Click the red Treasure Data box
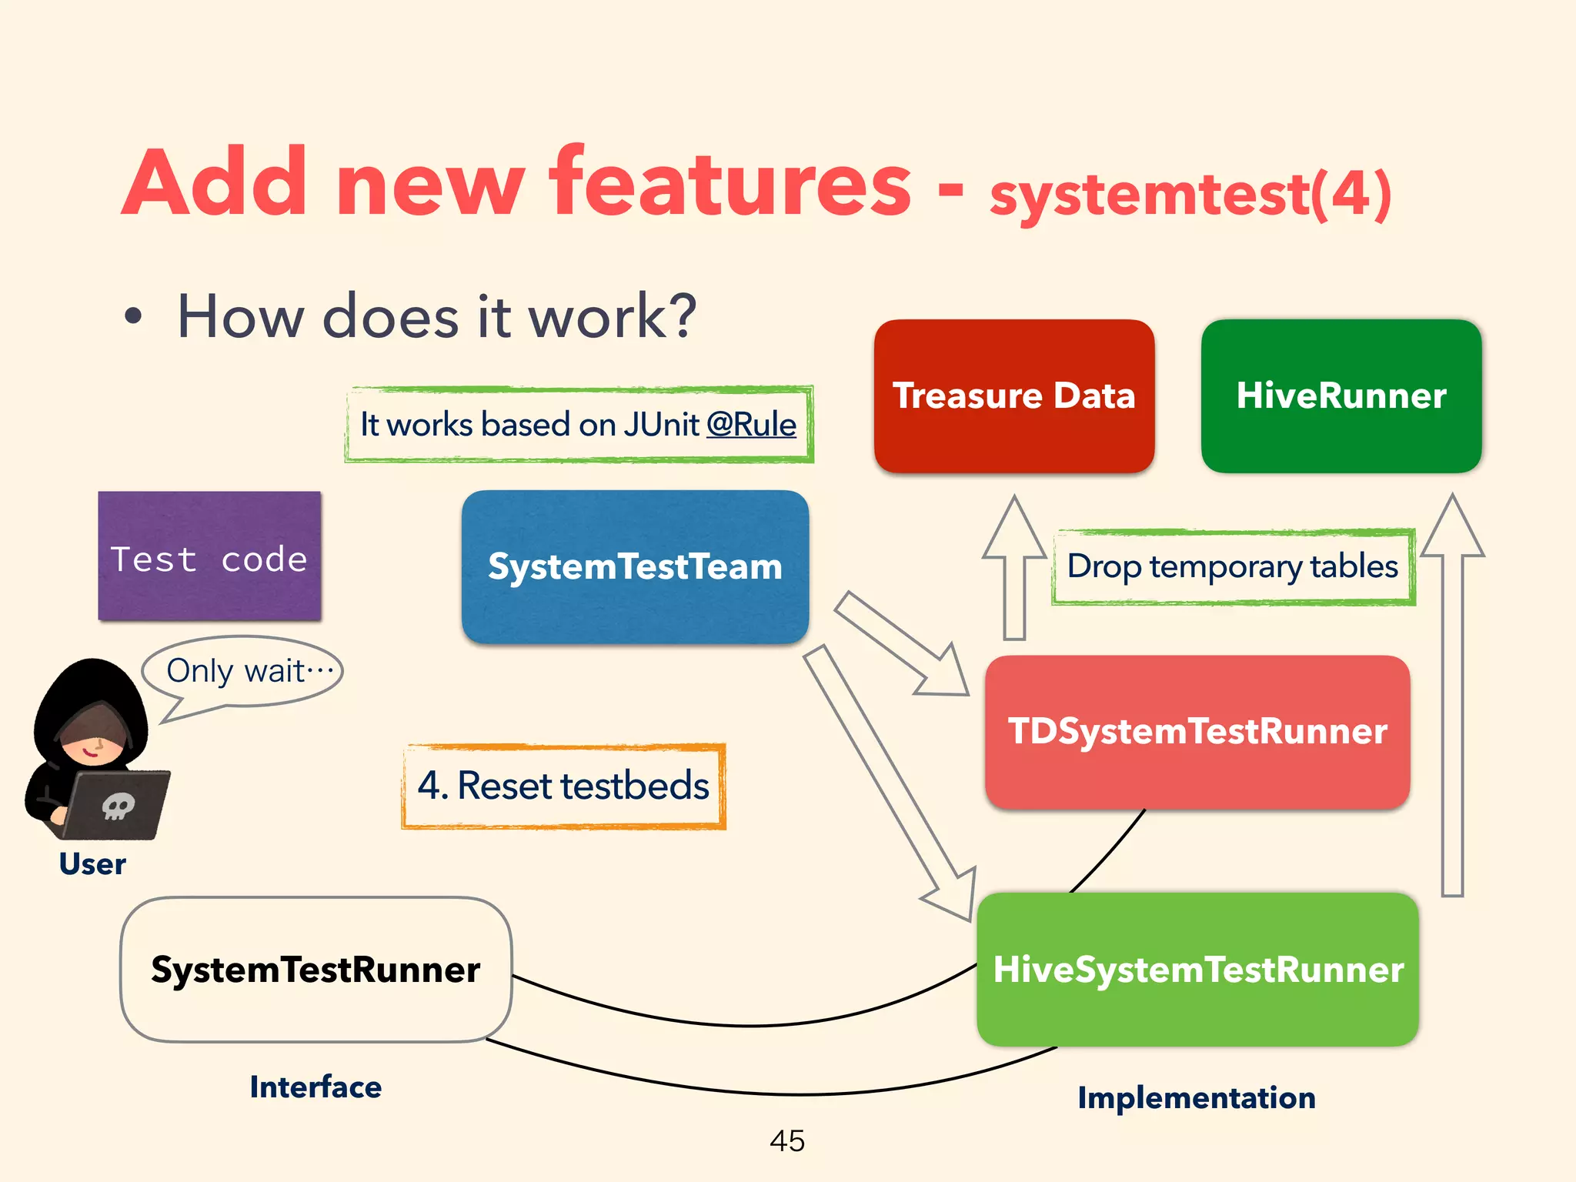[x=1013, y=396]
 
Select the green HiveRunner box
[x=1341, y=396]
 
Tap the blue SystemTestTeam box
[x=635, y=566]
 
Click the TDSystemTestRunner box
[x=1197, y=731]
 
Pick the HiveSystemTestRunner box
[x=1197, y=969]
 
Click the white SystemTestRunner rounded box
[x=316, y=969]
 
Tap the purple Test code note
[x=209, y=556]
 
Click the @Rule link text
[x=751, y=425]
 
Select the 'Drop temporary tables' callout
[x=1232, y=566]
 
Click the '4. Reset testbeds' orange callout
[x=563, y=786]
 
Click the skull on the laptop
[x=118, y=806]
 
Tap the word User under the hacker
[x=92, y=864]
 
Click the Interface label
[x=316, y=1087]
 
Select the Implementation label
[x=1196, y=1097]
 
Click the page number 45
[x=786, y=1140]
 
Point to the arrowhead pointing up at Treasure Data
[x=1014, y=528]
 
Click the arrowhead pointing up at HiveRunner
[x=1451, y=527]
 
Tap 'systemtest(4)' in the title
[x=1190, y=194]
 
